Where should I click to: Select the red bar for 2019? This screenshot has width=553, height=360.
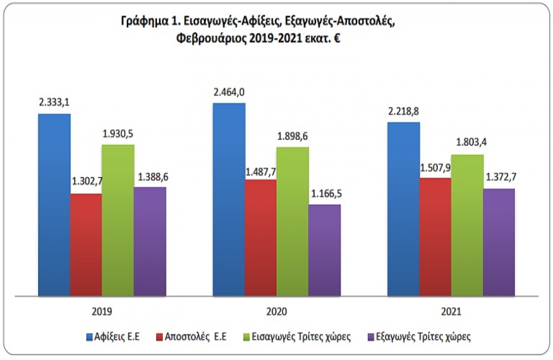pyautogui.click(x=86, y=244)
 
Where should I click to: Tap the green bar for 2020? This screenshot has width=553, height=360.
pyautogui.click(x=292, y=221)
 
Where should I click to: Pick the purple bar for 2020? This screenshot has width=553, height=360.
pyautogui.click(x=324, y=249)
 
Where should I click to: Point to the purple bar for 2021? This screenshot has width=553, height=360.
pyautogui.click(x=499, y=242)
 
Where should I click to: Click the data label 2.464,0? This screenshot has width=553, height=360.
pyautogui.click(x=229, y=92)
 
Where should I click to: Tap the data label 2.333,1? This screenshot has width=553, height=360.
pyautogui.click(x=54, y=102)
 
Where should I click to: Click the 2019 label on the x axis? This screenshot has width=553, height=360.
pyautogui.click(x=101, y=312)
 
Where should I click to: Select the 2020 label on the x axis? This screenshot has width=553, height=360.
pyautogui.click(x=276, y=312)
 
